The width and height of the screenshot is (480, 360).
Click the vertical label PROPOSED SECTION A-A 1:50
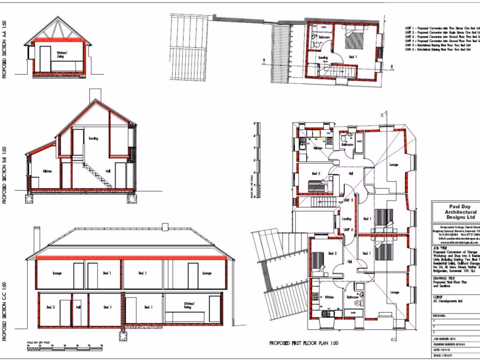(x=5, y=49)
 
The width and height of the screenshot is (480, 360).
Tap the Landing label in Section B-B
(x=93, y=138)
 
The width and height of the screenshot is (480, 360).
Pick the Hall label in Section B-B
(x=108, y=171)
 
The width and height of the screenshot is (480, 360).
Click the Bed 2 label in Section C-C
(x=51, y=307)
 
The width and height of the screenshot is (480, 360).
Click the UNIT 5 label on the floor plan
(x=348, y=200)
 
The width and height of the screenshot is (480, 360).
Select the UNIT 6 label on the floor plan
(x=348, y=229)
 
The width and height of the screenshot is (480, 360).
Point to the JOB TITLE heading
(x=440, y=248)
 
